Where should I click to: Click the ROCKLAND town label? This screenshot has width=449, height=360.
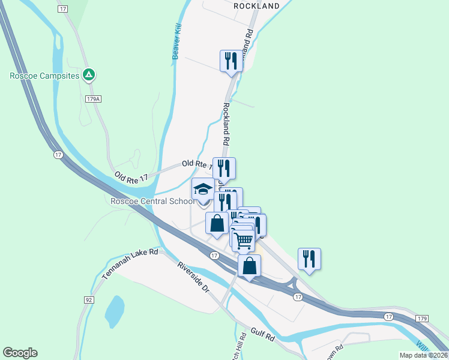(x=256, y=6)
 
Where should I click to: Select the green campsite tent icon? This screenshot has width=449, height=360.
(x=89, y=75)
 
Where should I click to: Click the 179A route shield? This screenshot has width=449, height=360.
(x=92, y=99)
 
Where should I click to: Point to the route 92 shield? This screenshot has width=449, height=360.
(x=89, y=299)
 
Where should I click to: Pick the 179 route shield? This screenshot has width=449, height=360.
(x=423, y=317)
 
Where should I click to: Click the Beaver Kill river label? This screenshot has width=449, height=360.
(x=176, y=42)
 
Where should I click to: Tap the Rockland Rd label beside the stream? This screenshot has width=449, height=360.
(x=226, y=124)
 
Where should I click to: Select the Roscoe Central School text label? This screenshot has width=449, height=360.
(x=152, y=201)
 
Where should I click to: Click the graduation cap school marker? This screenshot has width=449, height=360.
(x=203, y=190)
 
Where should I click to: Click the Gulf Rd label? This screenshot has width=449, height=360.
(x=262, y=335)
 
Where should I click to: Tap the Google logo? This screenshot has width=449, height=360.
(x=20, y=353)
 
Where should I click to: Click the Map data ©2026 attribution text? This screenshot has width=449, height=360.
(x=423, y=355)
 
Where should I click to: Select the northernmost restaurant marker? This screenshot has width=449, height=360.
(x=231, y=61)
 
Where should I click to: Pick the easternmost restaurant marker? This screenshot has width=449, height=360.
(x=309, y=259)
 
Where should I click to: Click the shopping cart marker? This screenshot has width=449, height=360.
(x=243, y=240)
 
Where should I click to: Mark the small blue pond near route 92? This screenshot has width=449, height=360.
(x=114, y=311)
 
